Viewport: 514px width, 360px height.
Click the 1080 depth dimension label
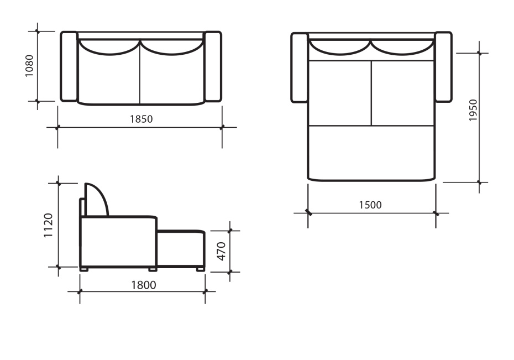(x=29, y=66)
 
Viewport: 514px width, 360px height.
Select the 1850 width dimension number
(x=141, y=119)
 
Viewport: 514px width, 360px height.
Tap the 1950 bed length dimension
(x=473, y=110)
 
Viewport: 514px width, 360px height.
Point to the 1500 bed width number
(x=370, y=205)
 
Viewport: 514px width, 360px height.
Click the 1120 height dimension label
(x=48, y=225)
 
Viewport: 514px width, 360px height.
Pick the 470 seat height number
(x=222, y=252)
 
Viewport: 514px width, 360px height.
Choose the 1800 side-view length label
(x=144, y=285)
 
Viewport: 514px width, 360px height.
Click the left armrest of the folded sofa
(x=69, y=66)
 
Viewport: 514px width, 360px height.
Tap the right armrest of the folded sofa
(x=213, y=66)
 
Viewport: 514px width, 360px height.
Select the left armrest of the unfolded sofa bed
(x=300, y=67)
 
